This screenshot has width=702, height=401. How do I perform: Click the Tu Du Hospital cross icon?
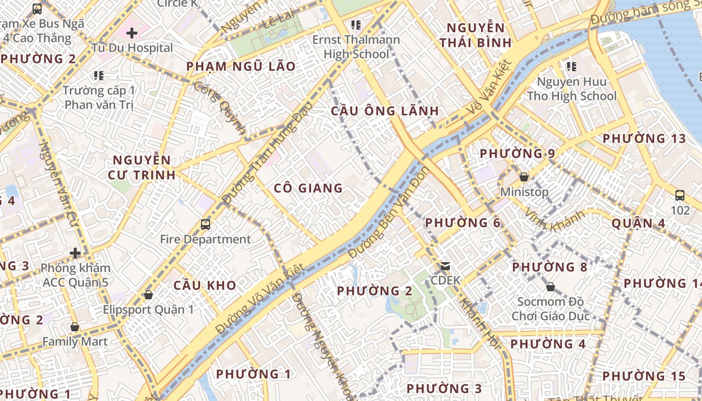(x=132, y=34)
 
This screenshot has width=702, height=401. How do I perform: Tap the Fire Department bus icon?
(x=206, y=224)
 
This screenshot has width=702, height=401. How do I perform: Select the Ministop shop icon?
(x=524, y=177)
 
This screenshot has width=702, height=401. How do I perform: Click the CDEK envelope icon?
(x=445, y=266)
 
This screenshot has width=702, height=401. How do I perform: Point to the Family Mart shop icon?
(x=75, y=327)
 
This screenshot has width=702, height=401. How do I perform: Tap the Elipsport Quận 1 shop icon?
(x=148, y=294)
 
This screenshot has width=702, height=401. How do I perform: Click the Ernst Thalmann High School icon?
(x=356, y=25)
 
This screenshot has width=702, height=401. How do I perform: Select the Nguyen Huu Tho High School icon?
(x=571, y=66)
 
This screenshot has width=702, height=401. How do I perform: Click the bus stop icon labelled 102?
(x=680, y=195)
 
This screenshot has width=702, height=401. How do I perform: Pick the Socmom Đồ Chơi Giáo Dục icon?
(x=551, y=287)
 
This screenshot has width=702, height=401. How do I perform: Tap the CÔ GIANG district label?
(x=308, y=188)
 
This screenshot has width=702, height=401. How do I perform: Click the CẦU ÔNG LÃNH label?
(x=385, y=111)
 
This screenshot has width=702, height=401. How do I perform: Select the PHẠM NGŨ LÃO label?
(x=241, y=66)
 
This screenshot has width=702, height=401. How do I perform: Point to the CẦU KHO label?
(x=205, y=286)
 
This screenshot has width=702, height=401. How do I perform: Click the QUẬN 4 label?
(x=638, y=224)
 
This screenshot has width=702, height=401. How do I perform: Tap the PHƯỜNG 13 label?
(x=644, y=138)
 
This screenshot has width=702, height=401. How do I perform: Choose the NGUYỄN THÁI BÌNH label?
(x=475, y=35)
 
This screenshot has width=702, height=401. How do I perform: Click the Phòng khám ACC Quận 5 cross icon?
(x=75, y=253)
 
